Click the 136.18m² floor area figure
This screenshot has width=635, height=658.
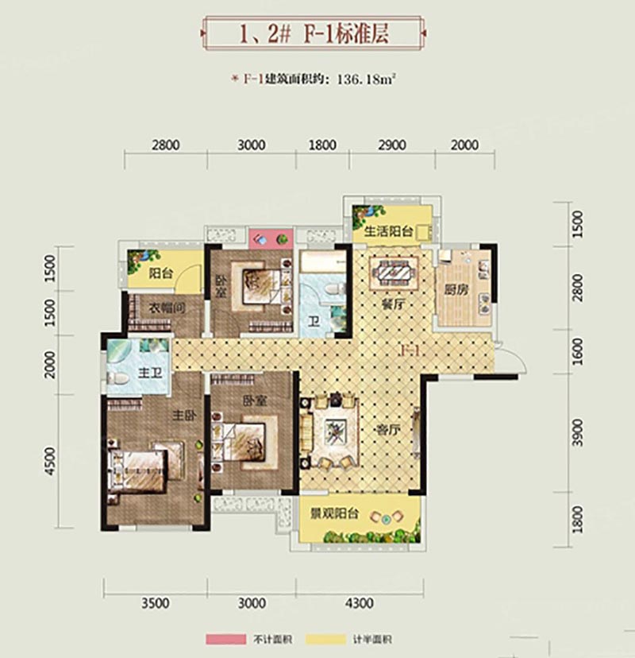click(367, 79)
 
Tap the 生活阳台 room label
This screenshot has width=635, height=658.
click(389, 231)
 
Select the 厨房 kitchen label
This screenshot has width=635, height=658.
click(456, 289)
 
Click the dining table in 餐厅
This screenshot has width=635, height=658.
click(394, 273)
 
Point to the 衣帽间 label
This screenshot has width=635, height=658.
click(167, 308)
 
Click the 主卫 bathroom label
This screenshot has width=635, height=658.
click(150, 373)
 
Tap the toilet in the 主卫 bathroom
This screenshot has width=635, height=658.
click(117, 379)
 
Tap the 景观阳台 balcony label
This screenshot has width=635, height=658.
click(334, 513)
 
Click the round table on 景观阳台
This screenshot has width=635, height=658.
click(387, 520)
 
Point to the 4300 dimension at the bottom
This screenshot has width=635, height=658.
click(360, 603)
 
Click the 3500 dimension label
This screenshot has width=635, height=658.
click(156, 603)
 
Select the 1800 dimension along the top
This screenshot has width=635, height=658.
click(322, 145)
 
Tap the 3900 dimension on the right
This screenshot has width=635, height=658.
click(578, 433)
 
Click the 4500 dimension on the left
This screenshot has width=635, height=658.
click(50, 461)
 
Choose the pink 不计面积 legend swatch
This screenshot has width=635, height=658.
click(226, 639)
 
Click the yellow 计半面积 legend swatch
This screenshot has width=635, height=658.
click(325, 639)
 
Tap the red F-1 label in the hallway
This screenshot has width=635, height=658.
click(410, 350)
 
